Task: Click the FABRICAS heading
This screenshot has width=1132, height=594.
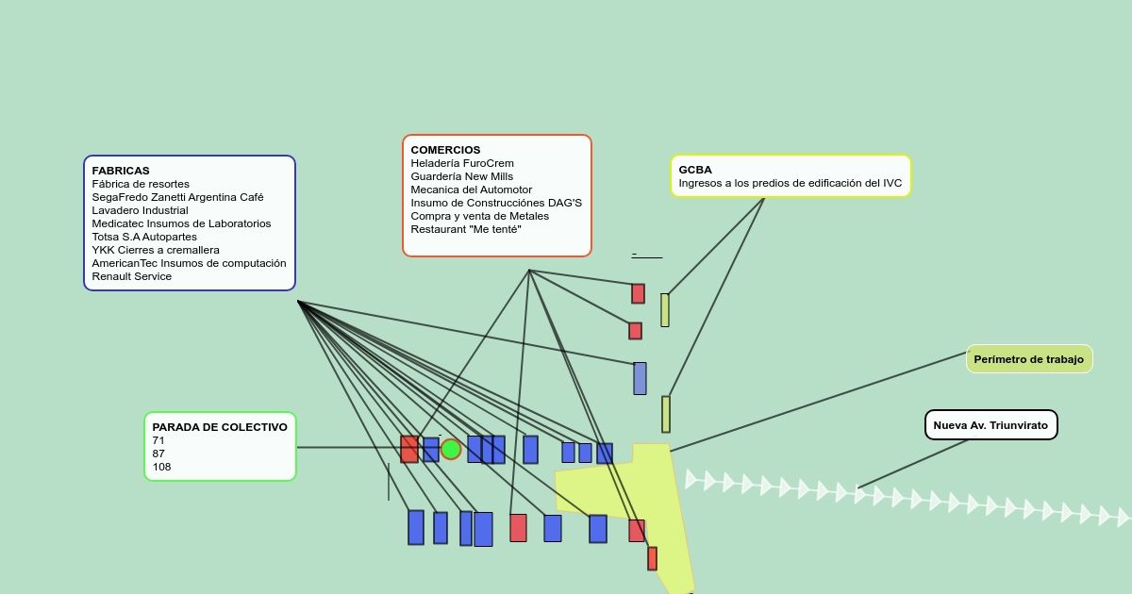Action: coord(121,171)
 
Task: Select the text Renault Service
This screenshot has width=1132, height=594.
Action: coord(131,276)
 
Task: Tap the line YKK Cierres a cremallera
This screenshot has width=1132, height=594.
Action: coord(156,250)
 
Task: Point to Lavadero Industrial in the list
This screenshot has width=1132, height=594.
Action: coord(140,210)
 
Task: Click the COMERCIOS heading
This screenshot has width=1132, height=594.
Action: coord(445,150)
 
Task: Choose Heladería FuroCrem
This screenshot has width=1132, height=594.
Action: coord(462,163)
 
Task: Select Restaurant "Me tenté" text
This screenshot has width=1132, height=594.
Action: coord(466,229)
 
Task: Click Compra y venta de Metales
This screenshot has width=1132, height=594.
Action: coord(479,216)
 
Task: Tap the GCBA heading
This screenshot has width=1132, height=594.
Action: coord(695,170)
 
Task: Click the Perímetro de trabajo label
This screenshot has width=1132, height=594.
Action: coord(1029,359)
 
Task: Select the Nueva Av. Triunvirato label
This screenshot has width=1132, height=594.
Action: coord(990,425)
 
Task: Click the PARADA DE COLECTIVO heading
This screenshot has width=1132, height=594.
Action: coord(220,427)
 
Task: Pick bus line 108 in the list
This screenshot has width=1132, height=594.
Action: coord(161,467)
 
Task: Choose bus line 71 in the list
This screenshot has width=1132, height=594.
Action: coord(158,440)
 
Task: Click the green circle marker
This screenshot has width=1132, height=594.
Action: coord(451,449)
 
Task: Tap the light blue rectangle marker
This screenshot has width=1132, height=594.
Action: coord(640,378)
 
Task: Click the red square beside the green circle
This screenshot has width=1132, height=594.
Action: coord(409,449)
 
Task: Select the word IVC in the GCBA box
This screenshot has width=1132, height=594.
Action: coord(892,183)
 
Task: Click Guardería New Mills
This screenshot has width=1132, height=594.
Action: coord(462,177)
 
